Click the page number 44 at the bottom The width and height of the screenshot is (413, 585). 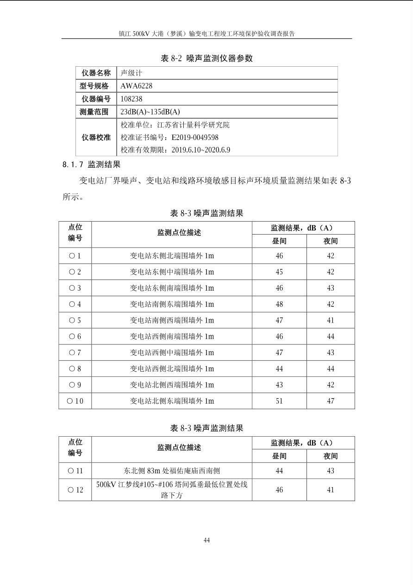206,540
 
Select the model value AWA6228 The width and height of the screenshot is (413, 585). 136,86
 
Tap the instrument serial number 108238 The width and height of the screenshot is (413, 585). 131,99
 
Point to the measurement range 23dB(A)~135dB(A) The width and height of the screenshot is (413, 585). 150,112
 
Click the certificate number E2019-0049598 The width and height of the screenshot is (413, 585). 195,137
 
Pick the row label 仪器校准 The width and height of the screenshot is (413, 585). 96,137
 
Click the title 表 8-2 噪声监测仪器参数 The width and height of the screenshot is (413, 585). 206,58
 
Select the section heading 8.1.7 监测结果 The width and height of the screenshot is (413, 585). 91,164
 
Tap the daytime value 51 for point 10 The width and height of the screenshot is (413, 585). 279,401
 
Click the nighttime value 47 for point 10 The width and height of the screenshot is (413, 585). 331,401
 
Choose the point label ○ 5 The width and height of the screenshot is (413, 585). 75,320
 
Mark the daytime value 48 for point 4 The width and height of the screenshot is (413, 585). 279,304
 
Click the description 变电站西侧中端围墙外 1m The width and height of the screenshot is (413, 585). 172,353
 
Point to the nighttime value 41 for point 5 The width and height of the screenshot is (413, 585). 331,320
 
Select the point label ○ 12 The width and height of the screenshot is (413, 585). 75,490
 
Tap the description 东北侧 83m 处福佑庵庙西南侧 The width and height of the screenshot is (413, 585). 172,471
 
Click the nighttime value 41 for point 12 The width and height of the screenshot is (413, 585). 331,490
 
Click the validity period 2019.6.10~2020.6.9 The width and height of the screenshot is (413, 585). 201,150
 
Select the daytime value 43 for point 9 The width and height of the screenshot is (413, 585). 279,385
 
